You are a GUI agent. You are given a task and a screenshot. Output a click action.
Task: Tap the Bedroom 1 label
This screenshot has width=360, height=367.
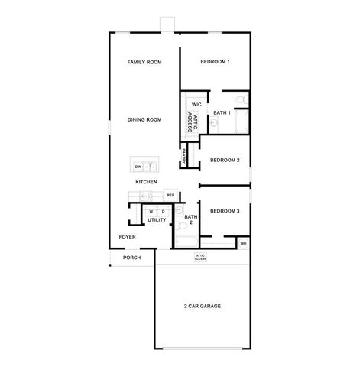coord(215,61)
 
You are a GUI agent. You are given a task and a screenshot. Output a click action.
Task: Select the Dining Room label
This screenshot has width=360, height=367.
coord(144,119)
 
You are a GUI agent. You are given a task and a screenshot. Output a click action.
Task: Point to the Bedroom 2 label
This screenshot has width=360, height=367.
coord(225,160)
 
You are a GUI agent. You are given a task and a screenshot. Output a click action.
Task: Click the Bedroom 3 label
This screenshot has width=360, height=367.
coord(225,210)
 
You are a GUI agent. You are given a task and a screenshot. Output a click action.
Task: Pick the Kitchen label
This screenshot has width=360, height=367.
coord(146,182)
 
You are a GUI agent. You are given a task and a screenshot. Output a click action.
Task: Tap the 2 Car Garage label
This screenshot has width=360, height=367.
coord(202,306)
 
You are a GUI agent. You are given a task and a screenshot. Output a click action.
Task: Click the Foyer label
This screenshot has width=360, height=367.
coord(127,237)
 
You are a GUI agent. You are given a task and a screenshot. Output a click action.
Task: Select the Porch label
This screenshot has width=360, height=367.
coord(131,258)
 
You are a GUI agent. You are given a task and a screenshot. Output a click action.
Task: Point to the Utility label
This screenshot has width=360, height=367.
coord(157,219)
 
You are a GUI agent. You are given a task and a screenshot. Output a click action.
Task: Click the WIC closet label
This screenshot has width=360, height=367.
coord(196,104)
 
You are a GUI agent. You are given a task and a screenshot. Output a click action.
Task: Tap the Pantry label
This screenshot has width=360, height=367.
coord(185,157)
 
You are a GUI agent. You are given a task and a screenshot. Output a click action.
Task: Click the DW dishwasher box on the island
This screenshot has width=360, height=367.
coord(138,166)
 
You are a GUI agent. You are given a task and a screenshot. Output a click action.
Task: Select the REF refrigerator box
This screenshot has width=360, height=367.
coord(170,195)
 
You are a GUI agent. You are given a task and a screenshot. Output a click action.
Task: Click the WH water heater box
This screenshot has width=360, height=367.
coord(243,244)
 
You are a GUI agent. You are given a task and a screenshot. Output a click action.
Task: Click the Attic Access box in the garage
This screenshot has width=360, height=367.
coord(200,257)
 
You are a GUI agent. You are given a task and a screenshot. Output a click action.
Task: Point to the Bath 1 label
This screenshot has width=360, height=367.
coord(222,113)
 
